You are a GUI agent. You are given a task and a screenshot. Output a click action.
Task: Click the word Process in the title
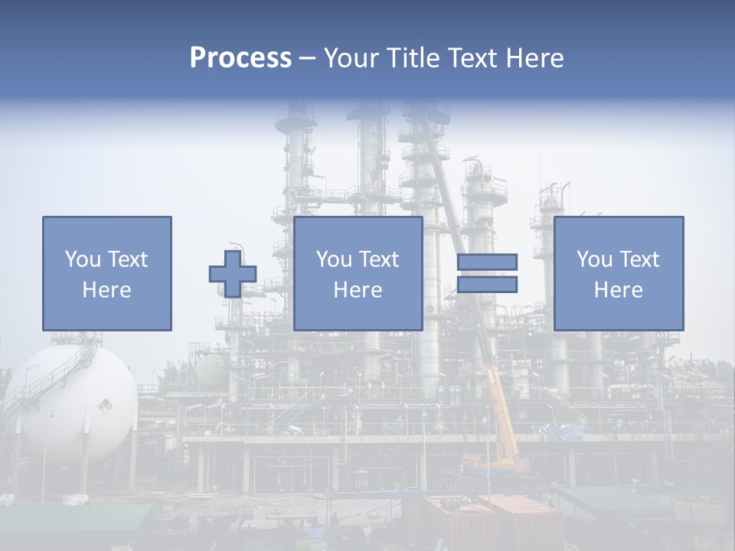[x=240, y=58]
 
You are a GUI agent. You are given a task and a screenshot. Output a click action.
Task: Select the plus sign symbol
[x=233, y=274]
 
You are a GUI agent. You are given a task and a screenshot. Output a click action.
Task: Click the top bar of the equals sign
[x=487, y=262]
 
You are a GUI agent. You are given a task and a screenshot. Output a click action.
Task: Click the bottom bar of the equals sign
[x=487, y=284]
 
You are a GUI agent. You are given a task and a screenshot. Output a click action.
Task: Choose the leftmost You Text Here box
[x=107, y=273]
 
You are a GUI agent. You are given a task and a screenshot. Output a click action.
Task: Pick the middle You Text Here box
[x=358, y=273]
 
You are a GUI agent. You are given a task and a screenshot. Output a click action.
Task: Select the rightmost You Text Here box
[x=618, y=273]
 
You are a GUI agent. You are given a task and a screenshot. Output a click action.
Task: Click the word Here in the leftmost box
[x=106, y=290]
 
